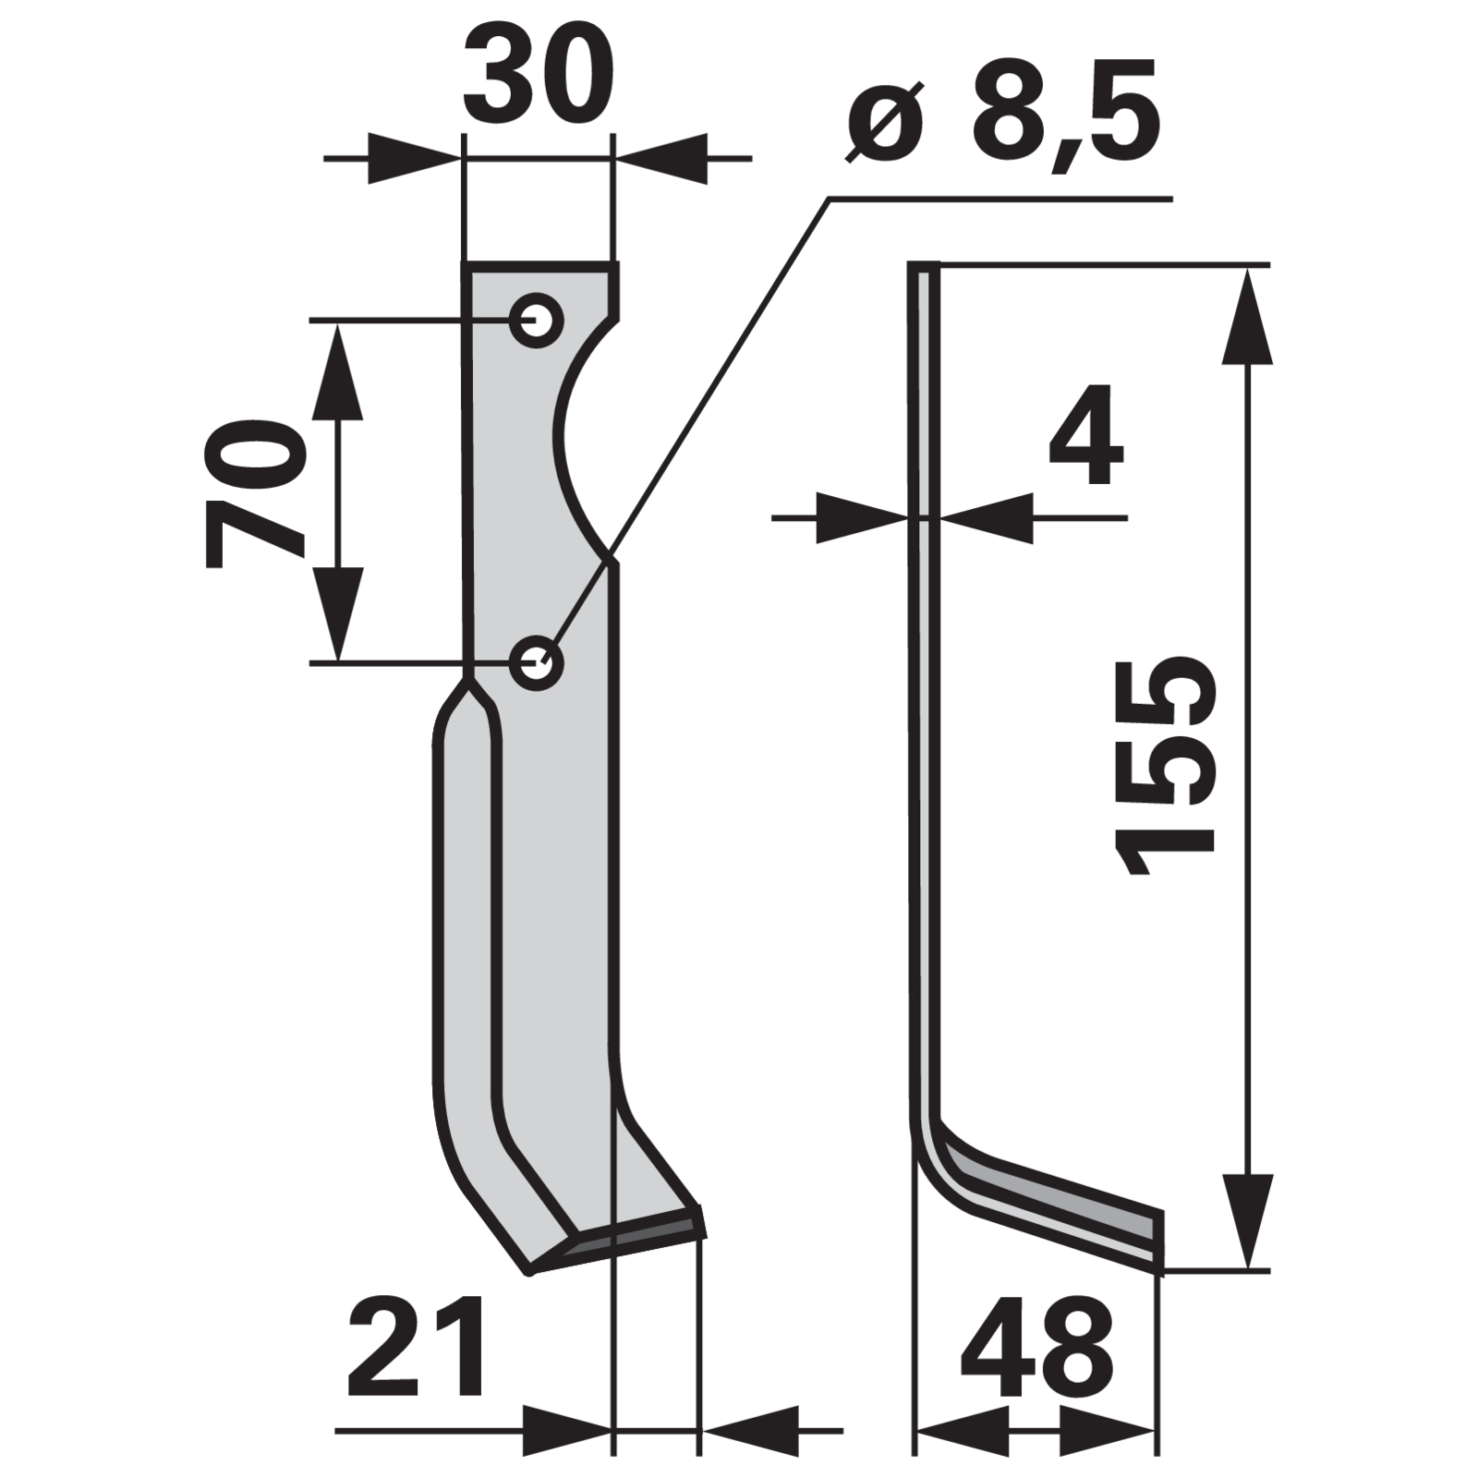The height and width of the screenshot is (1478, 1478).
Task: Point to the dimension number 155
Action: click(1166, 766)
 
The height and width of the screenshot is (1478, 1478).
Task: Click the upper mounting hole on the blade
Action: click(537, 321)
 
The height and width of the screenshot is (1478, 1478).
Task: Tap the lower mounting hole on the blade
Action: click(537, 661)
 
